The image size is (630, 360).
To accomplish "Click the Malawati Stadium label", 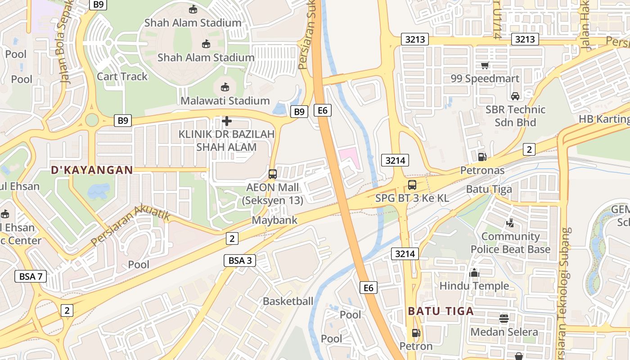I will point(225,100).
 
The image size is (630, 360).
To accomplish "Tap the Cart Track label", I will point(122,76).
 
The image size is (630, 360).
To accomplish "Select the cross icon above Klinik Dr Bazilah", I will point(227,121).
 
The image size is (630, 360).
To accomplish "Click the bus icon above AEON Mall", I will point(273,174).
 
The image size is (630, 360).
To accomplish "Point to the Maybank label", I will point(274,220).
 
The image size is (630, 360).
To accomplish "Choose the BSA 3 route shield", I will point(239,260).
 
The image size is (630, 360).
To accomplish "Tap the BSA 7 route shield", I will point(31,276).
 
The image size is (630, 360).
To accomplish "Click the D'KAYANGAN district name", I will point(92,170).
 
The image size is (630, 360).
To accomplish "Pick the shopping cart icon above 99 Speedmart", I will point(485,66).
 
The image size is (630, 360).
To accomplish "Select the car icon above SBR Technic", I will point(515,96).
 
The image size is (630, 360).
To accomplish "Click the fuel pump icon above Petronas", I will point(482,157).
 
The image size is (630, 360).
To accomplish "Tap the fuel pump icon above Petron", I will point(416,333).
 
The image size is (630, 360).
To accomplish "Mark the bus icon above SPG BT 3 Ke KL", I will point(412,184).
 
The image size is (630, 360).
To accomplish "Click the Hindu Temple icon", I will point(474,273).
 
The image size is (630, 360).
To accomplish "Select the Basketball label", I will point(288,301).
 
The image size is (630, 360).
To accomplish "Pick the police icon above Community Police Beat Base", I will point(510,223).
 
